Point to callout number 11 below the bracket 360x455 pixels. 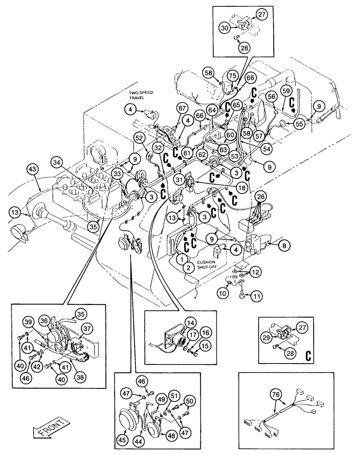(x=257, y=297)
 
